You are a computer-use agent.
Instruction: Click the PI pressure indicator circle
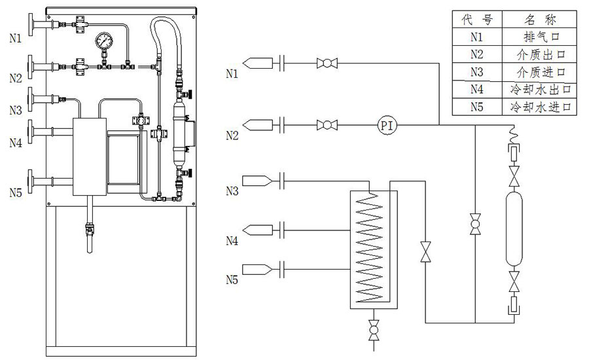pos(387,124)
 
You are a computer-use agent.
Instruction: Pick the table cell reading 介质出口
pos(539,54)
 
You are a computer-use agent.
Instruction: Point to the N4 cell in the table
pos(477,88)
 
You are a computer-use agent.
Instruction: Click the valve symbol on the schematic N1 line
pos(325,63)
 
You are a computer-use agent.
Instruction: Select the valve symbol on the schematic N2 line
pos(325,124)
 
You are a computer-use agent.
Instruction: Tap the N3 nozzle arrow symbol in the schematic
pos(256,179)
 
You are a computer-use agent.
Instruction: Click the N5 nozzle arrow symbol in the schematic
pos(256,269)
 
